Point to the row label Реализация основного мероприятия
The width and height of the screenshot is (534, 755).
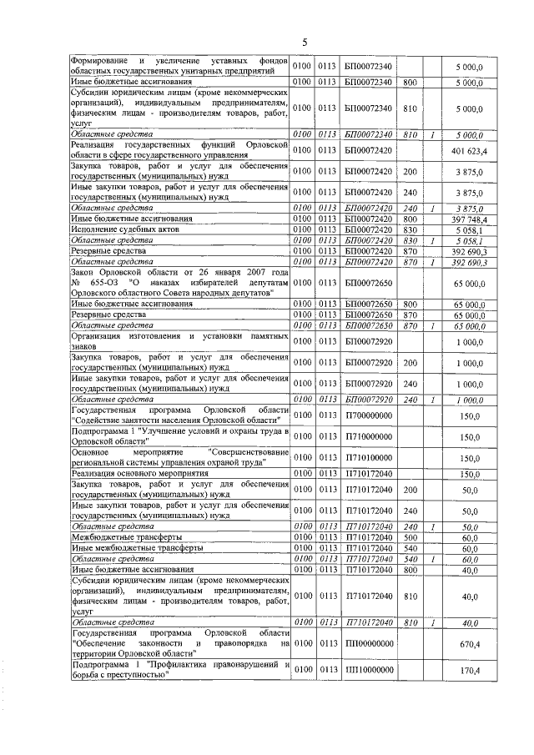coord(133,473)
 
